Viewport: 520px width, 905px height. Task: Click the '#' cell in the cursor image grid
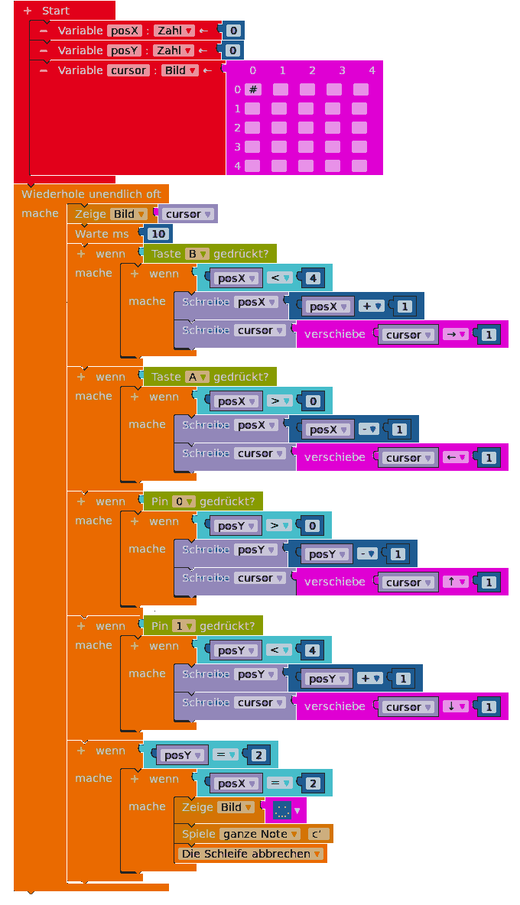253,89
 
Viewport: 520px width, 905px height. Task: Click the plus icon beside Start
27,11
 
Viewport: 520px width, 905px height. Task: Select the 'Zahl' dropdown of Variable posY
174,50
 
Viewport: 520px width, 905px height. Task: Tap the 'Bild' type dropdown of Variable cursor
180,70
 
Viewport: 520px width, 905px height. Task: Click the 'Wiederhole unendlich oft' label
91,194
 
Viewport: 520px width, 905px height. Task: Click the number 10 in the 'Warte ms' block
158,234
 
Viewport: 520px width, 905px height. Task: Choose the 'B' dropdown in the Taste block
197,254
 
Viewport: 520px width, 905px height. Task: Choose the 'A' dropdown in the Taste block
197,377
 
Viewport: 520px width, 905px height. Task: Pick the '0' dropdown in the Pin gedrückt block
184,501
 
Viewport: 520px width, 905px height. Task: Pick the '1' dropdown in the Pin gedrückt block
184,626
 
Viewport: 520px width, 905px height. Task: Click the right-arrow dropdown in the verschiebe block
455,334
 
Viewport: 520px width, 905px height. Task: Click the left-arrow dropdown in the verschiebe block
455,457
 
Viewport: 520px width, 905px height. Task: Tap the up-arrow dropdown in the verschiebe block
455,582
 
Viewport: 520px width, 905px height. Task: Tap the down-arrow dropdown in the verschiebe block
455,706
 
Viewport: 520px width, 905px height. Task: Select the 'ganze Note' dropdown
260,834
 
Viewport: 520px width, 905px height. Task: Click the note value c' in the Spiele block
318,834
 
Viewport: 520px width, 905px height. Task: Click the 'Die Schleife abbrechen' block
251,854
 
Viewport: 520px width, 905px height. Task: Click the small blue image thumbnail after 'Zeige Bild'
281,811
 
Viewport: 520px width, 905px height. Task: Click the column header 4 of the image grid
372,70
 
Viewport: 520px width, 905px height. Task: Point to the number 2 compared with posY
258,755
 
